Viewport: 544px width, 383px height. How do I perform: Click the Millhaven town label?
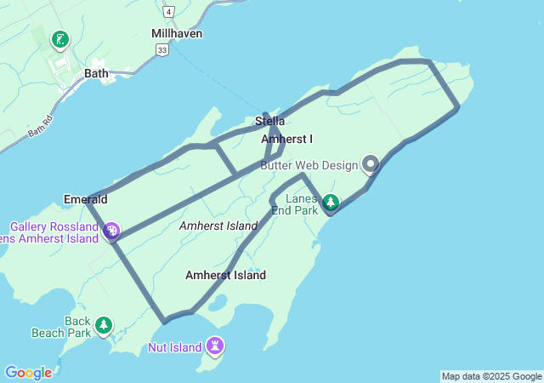(x=177, y=33)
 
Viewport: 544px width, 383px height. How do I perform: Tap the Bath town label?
(x=96, y=73)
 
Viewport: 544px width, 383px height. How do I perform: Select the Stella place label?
(x=270, y=122)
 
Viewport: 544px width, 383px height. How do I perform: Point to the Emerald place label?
(x=85, y=199)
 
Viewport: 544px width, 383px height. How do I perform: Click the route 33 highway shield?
(x=161, y=51)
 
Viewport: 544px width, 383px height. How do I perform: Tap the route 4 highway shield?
(x=170, y=11)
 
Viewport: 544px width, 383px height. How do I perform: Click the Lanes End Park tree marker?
(x=330, y=203)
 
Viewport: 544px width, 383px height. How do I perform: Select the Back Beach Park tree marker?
(x=104, y=324)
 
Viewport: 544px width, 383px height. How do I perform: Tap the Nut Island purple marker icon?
(x=216, y=346)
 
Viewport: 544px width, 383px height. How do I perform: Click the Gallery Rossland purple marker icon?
(x=111, y=230)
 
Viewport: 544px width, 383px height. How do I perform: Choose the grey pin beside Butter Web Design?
(x=370, y=163)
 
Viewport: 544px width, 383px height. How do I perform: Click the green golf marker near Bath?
(x=59, y=39)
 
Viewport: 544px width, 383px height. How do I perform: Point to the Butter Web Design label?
(x=309, y=165)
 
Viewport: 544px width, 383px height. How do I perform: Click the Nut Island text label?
(x=174, y=347)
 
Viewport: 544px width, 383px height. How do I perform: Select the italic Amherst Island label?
(x=218, y=226)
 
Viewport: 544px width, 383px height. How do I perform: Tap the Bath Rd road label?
(x=40, y=127)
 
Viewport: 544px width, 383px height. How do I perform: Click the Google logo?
(x=28, y=373)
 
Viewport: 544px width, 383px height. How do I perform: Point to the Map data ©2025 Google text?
(x=491, y=376)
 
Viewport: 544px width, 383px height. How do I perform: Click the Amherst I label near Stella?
(x=286, y=139)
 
